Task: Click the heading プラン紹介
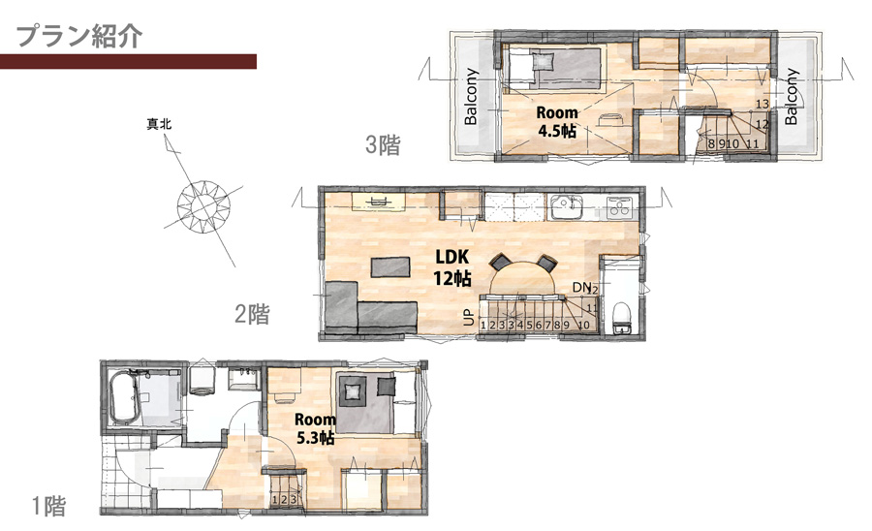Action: [x=79, y=37]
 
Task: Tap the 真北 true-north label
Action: [x=159, y=124]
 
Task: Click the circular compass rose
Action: [x=203, y=206]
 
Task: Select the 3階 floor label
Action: [x=383, y=145]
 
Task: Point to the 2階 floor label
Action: [x=252, y=314]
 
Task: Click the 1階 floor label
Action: [x=48, y=506]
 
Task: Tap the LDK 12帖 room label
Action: [x=452, y=267]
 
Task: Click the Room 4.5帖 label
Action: [x=557, y=122]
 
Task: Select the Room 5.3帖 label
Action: [x=315, y=428]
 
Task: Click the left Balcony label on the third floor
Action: [x=471, y=97]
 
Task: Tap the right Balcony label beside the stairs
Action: [x=791, y=97]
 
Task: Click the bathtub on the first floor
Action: [x=124, y=397]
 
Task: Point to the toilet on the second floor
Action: [x=621, y=319]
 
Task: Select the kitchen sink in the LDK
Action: [x=565, y=207]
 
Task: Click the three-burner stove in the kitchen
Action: [x=618, y=205]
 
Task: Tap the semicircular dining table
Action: [x=522, y=276]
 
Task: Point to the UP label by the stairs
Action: [x=469, y=317]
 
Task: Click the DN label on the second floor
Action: [x=581, y=287]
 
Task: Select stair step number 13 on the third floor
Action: [x=763, y=104]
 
